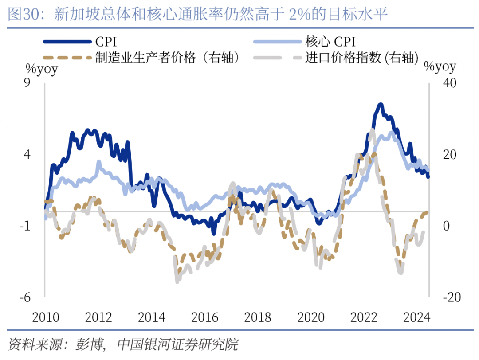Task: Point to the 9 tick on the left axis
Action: pos(27,83)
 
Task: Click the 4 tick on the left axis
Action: pos(27,155)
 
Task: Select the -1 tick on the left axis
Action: pos(24,226)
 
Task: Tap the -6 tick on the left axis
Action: pos(24,297)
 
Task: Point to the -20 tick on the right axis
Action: pos(446,297)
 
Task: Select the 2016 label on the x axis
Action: pos(205,318)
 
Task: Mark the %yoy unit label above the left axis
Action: pos(42,69)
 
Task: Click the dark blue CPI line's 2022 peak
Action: pos(380,105)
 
